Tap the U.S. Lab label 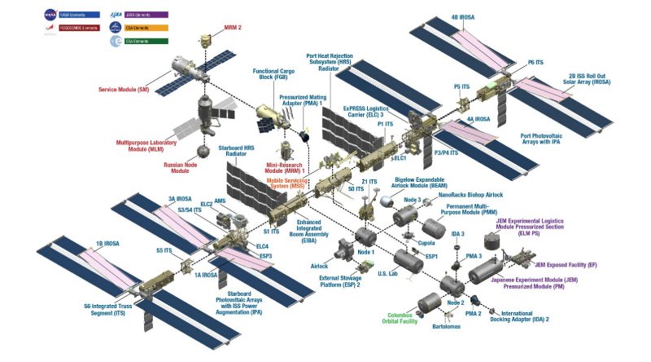coord(390,275)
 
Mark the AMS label coord(220,201)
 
